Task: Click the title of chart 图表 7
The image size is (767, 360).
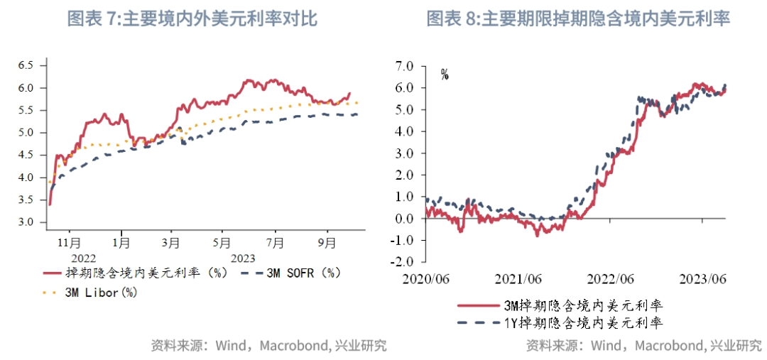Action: (192, 19)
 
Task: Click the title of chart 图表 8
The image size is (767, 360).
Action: (578, 19)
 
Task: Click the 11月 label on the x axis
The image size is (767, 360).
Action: (69, 242)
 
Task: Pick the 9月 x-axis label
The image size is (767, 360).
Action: (327, 242)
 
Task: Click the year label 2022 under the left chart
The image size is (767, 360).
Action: (83, 258)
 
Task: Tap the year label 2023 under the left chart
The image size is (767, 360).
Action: (243, 258)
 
